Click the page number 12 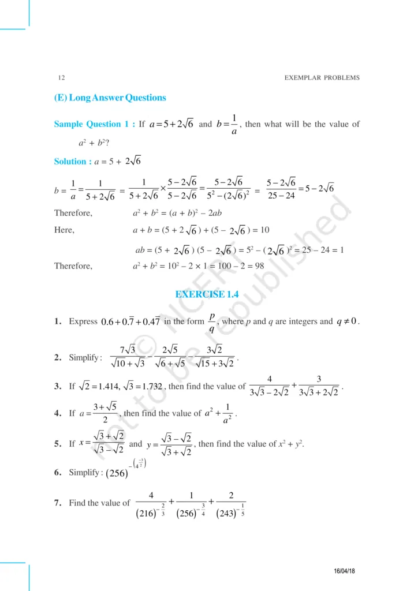61,77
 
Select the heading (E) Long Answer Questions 110,98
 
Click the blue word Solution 70,162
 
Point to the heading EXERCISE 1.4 207,294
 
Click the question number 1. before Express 58,321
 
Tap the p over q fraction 212,322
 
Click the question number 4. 58,414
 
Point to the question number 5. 58,444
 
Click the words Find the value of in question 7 99,503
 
